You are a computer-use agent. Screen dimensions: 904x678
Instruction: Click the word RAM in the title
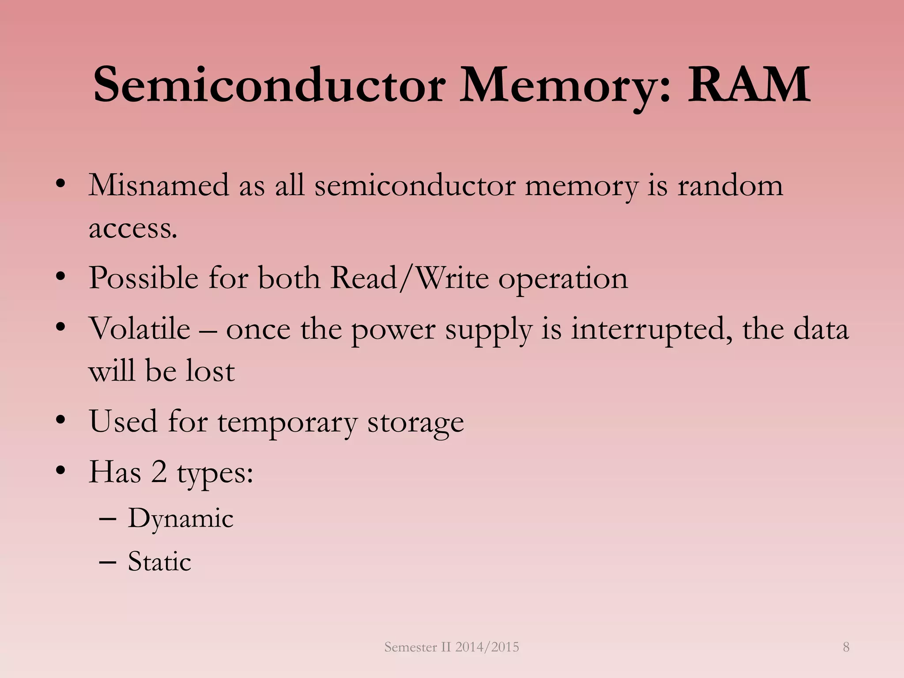pyautogui.click(x=749, y=85)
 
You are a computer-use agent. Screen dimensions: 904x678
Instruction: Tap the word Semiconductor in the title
pyautogui.click(x=269, y=85)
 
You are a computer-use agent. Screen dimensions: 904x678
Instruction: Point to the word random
pyautogui.click(x=730, y=185)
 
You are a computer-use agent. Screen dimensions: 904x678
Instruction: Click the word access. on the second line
pyautogui.click(x=133, y=229)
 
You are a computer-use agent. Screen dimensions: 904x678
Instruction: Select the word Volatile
pyautogui.click(x=139, y=329)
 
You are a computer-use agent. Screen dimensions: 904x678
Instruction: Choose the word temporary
pyautogui.click(x=287, y=422)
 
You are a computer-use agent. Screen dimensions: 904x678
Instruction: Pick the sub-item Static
pyautogui.click(x=159, y=562)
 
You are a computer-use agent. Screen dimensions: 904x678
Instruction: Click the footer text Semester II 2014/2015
pyautogui.click(x=452, y=647)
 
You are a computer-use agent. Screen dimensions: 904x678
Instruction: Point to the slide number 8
pyautogui.click(x=846, y=647)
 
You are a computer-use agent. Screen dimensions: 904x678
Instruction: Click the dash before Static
pyautogui.click(x=108, y=562)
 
